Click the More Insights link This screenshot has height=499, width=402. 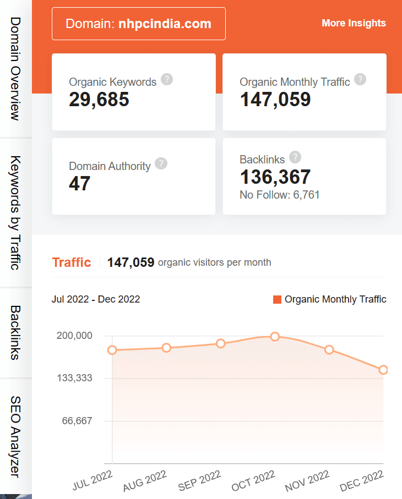(354, 23)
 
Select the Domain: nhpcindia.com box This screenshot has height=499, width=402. (138, 24)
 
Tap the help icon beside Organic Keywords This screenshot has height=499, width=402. (167, 80)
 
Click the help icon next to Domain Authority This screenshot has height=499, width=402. (161, 164)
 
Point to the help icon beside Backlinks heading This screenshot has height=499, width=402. (295, 157)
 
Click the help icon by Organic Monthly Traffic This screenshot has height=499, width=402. (360, 80)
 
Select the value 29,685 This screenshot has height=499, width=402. (99, 100)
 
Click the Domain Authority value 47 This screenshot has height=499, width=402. (79, 184)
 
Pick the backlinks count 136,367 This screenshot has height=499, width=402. (275, 177)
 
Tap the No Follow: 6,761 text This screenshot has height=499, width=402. (280, 195)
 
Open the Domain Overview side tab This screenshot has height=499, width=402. (15, 68)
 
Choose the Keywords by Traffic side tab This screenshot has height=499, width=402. (15, 212)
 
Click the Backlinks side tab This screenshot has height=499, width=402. (15, 332)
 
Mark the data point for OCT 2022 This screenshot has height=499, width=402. (275, 337)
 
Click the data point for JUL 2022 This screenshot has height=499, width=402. (112, 350)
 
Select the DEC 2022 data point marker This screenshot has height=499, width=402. (383, 370)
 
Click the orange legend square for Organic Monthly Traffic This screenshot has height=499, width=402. (277, 300)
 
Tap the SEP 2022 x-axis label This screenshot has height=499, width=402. (199, 480)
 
